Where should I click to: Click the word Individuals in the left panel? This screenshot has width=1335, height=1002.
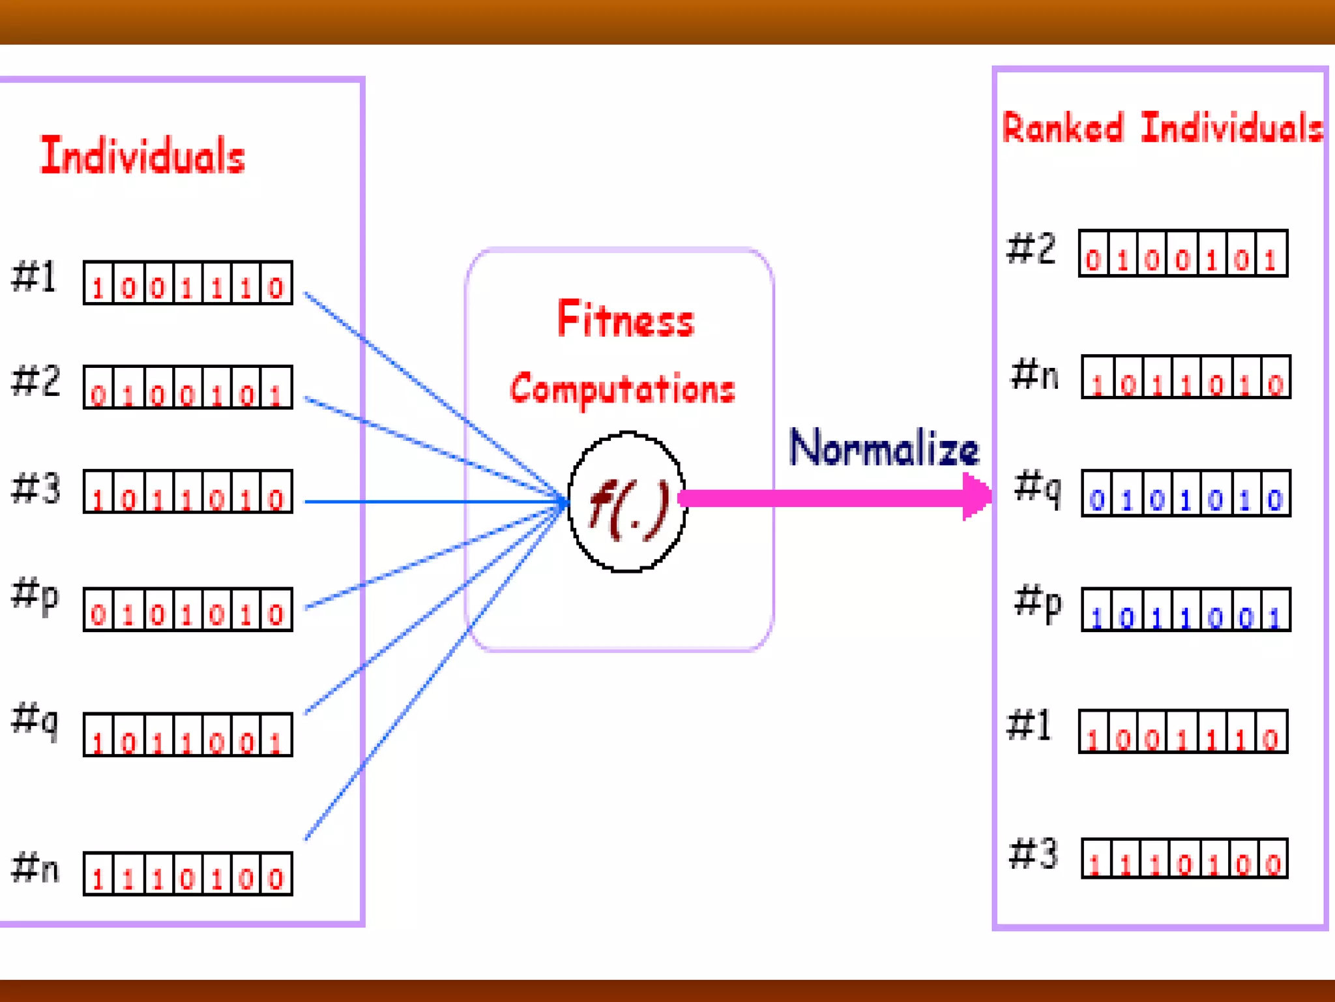tap(143, 156)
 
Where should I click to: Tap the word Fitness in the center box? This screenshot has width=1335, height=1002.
tap(626, 320)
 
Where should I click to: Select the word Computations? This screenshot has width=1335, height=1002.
tap(623, 389)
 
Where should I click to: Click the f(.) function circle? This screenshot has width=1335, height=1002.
tap(627, 502)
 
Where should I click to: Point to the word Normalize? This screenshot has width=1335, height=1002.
tap(884, 449)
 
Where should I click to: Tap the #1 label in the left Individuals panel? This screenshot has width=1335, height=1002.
tap(35, 277)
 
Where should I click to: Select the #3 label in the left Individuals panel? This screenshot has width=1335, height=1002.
tap(36, 489)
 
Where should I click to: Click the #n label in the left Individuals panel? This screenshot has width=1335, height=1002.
tap(36, 868)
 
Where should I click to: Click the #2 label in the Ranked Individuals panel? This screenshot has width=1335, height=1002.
tap(1031, 249)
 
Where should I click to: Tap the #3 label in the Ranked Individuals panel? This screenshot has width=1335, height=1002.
tap(1033, 854)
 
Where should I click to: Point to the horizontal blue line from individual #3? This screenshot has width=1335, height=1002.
tap(430, 502)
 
